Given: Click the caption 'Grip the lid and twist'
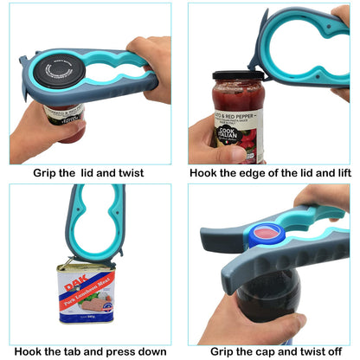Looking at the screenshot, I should pos(88,173).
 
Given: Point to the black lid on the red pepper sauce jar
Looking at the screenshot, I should pos(238,75).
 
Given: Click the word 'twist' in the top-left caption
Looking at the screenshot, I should pos(127,173).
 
